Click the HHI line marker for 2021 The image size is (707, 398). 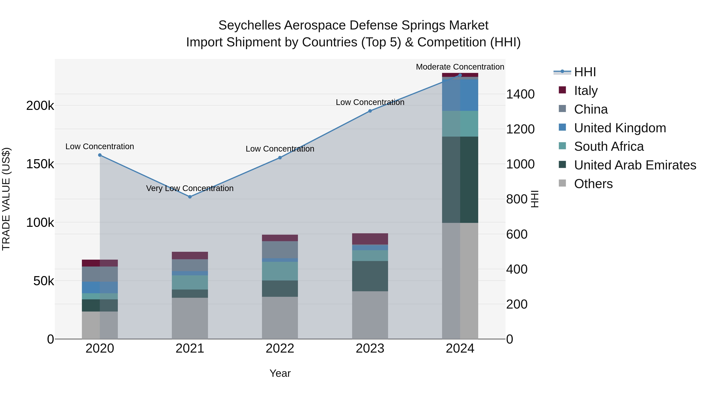pyautogui.click(x=190, y=197)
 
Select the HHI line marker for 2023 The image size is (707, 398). pyautogui.click(x=370, y=111)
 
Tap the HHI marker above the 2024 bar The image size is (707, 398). pyautogui.click(x=460, y=75)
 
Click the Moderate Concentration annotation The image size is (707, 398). pyautogui.click(x=460, y=67)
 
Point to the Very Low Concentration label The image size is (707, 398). pyautogui.click(x=190, y=188)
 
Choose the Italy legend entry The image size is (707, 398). pyautogui.click(x=586, y=90)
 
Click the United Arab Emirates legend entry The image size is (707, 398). pyautogui.click(x=635, y=165)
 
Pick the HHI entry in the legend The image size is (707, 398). pyautogui.click(x=585, y=72)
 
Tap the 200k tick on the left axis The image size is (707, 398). pyautogui.click(x=40, y=106)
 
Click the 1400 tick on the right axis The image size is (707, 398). pyautogui.click(x=520, y=94)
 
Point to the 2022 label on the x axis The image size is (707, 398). pyautogui.click(x=280, y=348)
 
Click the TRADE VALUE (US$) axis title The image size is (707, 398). pyautogui.click(x=6, y=199)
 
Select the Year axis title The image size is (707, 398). pyautogui.click(x=280, y=373)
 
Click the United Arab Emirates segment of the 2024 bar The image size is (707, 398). pyautogui.click(x=460, y=180)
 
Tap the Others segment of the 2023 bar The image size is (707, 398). pyautogui.click(x=370, y=315)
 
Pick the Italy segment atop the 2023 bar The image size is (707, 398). pyautogui.click(x=370, y=239)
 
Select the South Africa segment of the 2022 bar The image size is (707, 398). pyautogui.click(x=280, y=271)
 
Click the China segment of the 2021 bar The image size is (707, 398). pyautogui.click(x=190, y=265)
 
